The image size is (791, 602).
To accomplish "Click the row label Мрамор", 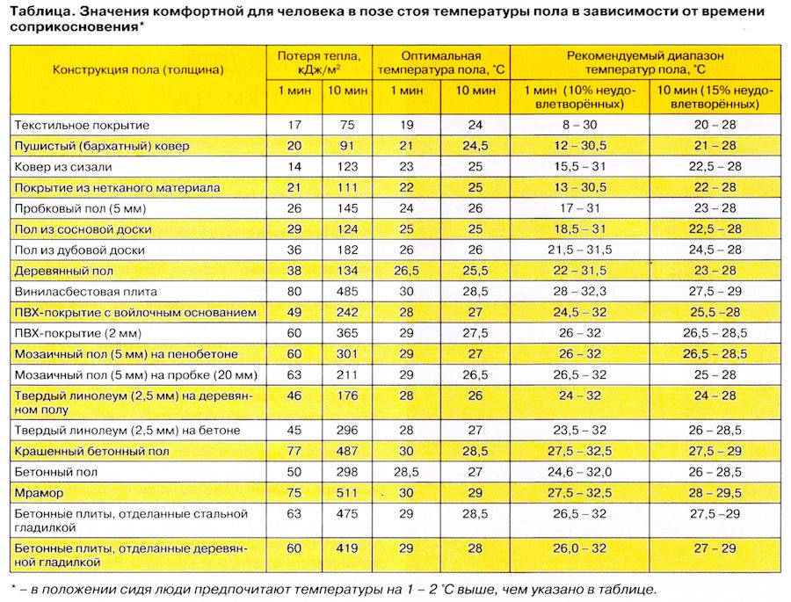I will (x=35, y=493).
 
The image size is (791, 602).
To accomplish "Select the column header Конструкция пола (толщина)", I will (x=137, y=69).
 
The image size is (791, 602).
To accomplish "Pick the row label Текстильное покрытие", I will (x=83, y=125).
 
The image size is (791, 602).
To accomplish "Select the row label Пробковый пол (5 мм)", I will (x=80, y=208).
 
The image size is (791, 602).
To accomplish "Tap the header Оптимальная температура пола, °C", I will (x=432, y=62).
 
